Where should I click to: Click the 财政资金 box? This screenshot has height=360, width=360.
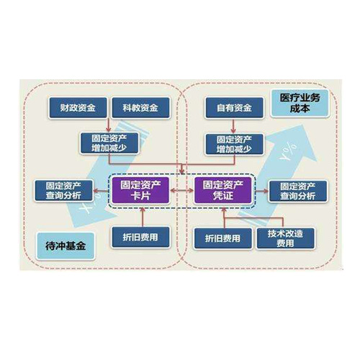coord(78,108)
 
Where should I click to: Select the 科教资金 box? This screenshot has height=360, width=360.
coord(140,108)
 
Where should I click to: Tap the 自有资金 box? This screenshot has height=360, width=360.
coord(234,108)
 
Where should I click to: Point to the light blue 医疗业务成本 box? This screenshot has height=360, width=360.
coord(300,104)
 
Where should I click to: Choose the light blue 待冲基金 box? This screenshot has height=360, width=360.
coord(66,246)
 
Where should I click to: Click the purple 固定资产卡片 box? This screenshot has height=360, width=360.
coord(140,190)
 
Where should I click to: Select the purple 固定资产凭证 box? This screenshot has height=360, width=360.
coord(223,190)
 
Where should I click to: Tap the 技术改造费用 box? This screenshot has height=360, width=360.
coord(285,238)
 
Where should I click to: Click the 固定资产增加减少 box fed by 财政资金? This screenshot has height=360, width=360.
coord(109,143)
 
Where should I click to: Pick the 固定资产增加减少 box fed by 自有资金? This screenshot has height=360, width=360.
coord(234,144)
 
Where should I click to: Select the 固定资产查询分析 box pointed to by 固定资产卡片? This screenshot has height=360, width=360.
coord(63,191)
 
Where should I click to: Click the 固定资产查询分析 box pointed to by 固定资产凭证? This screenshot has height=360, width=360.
coord(298,191)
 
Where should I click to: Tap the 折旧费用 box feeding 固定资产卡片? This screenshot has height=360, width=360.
coord(140,238)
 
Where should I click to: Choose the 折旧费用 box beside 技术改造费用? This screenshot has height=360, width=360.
coord(223,238)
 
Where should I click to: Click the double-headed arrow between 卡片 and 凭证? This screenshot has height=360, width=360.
coord(181,191)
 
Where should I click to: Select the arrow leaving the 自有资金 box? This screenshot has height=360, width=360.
coord(233,126)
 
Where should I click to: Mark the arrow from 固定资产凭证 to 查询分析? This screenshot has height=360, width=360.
coord(261,191)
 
